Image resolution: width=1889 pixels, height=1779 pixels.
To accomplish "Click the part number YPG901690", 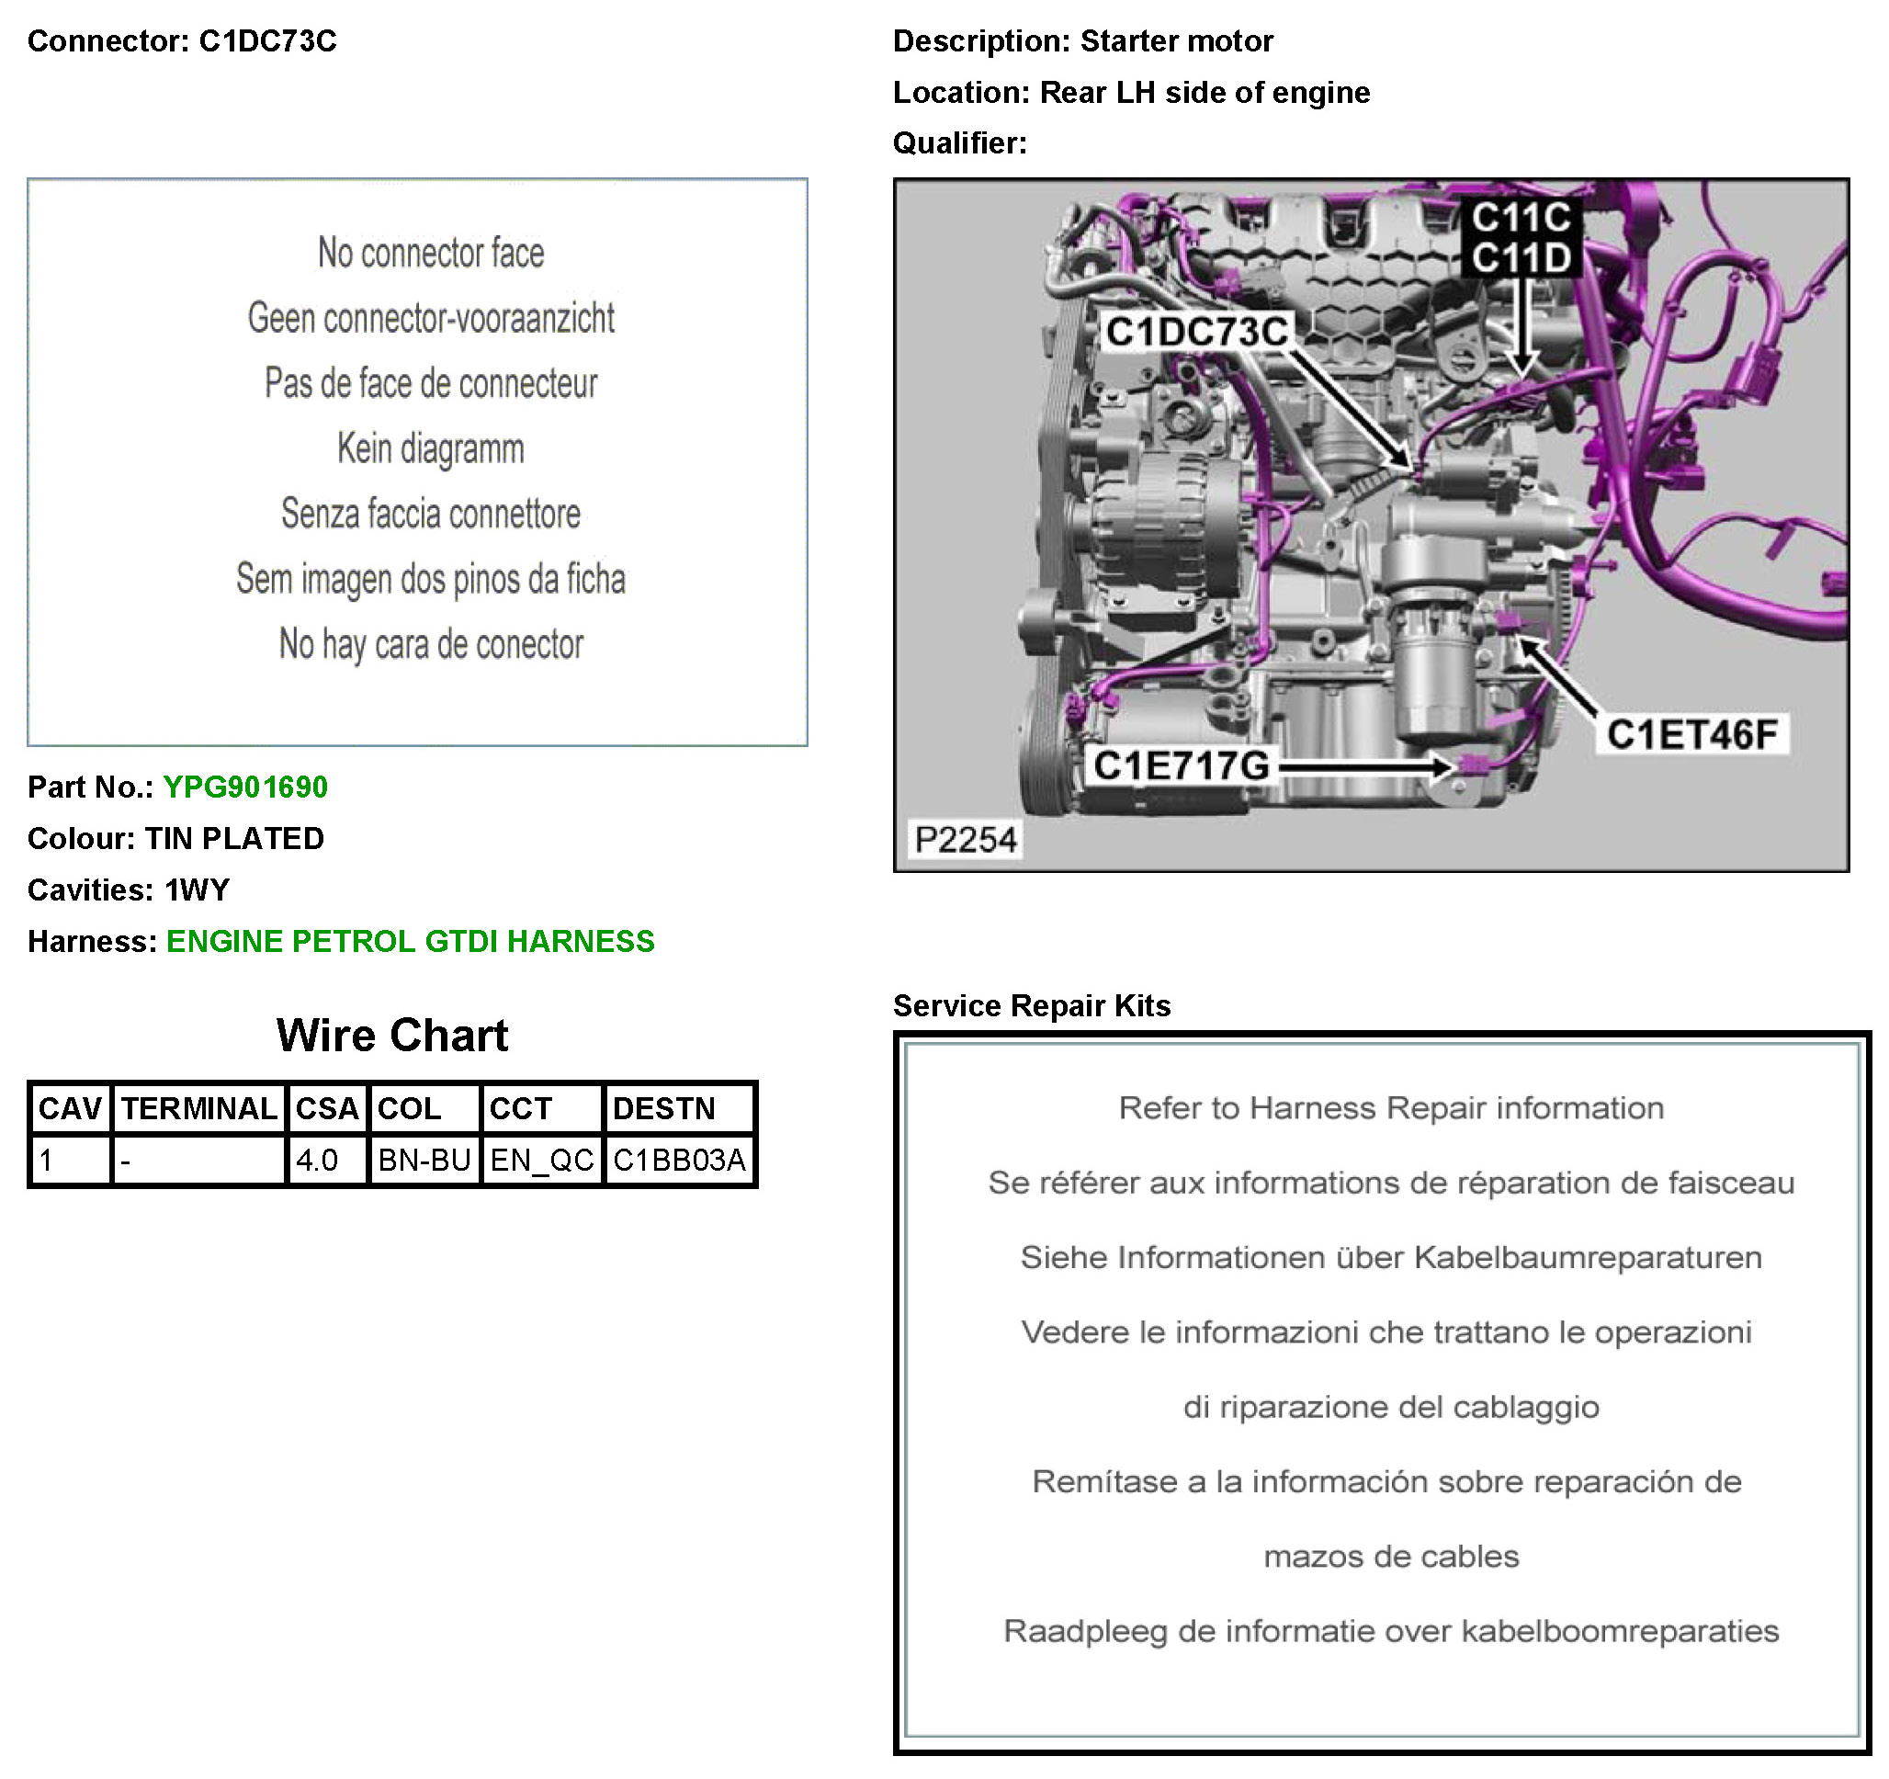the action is [x=245, y=787].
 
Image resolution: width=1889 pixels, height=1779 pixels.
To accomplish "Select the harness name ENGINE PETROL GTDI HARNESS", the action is [x=411, y=941].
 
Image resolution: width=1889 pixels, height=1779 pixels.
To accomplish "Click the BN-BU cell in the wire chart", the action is [x=424, y=1161].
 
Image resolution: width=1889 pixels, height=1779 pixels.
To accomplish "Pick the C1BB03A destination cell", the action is [x=679, y=1161].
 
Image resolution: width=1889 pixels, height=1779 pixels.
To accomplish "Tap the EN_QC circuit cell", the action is [x=541, y=1161].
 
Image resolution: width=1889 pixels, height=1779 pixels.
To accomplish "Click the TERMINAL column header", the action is [x=199, y=1109].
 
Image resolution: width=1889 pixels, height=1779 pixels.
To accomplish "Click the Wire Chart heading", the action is [x=392, y=1036].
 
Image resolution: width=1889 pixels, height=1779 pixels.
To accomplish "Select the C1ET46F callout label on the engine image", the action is [x=1691, y=734].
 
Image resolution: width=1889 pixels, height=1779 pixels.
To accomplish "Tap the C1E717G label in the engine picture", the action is [x=1182, y=765].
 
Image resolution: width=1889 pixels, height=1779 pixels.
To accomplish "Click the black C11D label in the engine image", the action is [x=1521, y=257].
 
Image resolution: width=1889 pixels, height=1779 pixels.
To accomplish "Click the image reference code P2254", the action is [x=966, y=840].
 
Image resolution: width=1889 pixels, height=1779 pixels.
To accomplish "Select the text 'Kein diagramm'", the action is [x=430, y=448].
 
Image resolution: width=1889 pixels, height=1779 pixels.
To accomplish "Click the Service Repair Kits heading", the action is [x=1032, y=1005].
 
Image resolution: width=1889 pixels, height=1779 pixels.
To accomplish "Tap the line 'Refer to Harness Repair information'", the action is [x=1391, y=1108].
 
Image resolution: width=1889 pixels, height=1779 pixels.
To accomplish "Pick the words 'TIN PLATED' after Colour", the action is [x=233, y=838].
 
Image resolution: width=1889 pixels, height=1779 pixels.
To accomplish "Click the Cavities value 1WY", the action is [x=197, y=889].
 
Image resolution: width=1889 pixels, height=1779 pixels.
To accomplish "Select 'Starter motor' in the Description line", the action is [x=1176, y=40].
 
